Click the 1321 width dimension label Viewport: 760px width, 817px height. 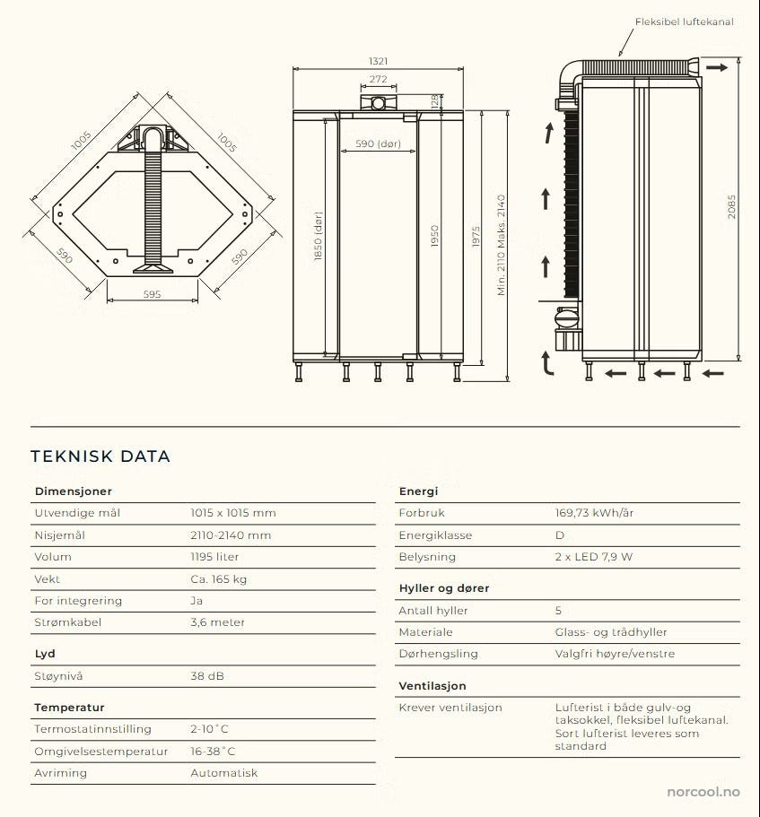tap(378, 61)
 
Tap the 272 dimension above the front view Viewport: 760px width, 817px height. tap(378, 80)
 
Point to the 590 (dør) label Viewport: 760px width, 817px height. tap(377, 143)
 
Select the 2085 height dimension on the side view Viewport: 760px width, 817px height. tap(731, 208)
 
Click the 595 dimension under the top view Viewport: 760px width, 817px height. tap(152, 294)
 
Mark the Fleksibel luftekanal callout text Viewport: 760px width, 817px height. tap(685, 22)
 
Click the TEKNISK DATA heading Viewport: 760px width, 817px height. tap(100, 456)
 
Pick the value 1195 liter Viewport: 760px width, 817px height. tap(214, 557)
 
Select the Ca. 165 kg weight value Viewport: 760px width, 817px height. tap(218, 579)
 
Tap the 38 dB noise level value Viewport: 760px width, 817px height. tap(206, 675)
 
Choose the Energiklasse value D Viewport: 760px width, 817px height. tap(560, 535)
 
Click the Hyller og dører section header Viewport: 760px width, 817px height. tap(444, 588)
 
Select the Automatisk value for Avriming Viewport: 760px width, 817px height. tap(223, 773)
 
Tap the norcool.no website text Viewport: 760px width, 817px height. tap(703, 792)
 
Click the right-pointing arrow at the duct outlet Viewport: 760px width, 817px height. tap(716, 67)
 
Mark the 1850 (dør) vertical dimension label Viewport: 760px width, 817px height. tap(318, 236)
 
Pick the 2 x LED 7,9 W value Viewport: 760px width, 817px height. tap(593, 557)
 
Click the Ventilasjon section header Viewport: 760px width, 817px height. tap(432, 686)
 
